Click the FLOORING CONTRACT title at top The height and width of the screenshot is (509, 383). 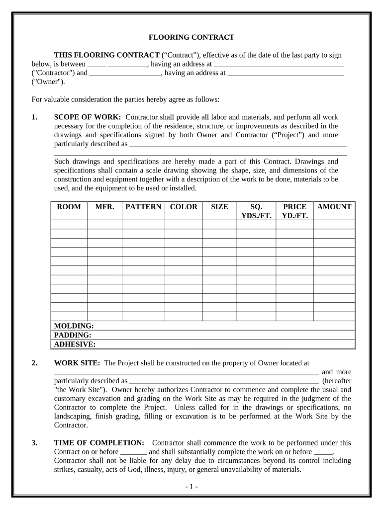click(191, 37)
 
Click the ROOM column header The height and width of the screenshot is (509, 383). click(69, 207)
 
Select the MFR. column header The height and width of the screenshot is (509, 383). click(104, 207)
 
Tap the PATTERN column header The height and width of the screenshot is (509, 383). click(143, 207)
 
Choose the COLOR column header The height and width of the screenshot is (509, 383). click(184, 207)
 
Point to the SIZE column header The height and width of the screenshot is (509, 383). click(219, 207)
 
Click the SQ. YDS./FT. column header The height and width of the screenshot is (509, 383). click(256, 211)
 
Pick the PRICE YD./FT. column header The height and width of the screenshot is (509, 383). click(294, 211)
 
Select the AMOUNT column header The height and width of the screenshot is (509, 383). click(334, 207)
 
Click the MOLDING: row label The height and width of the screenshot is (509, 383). click(73, 326)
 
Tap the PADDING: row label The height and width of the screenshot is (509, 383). click(72, 335)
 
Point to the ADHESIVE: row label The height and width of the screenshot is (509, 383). click(74, 344)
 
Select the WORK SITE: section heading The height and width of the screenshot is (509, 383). click(77, 363)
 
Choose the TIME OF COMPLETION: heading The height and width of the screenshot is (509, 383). click(99, 442)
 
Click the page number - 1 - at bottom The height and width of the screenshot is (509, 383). click(191, 487)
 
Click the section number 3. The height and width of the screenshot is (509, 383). click(34, 442)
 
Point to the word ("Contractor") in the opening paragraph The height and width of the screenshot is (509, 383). click(52, 73)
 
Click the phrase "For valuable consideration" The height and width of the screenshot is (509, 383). click(70, 99)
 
